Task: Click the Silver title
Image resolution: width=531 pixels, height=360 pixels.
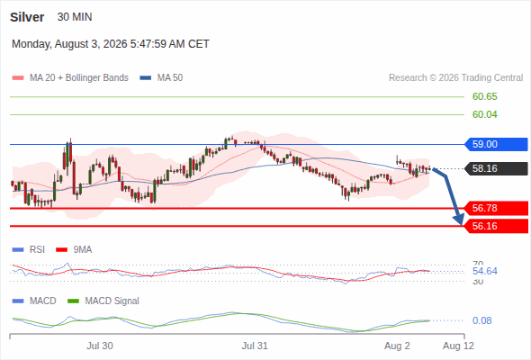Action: [27, 17]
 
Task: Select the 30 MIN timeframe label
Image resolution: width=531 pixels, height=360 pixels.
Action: [75, 17]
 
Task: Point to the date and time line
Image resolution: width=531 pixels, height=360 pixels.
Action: [111, 44]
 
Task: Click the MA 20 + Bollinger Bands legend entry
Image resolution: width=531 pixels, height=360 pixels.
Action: [70, 78]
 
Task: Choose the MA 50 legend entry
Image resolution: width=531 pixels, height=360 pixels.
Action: [161, 78]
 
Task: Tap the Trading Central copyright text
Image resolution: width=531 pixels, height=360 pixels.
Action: [455, 78]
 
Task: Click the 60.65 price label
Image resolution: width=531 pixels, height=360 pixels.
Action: [484, 96]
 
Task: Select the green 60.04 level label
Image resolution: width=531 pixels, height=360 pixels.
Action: [484, 114]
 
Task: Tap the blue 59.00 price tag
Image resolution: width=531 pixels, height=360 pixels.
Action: [496, 144]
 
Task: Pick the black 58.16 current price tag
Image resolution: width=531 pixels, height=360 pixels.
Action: [496, 168]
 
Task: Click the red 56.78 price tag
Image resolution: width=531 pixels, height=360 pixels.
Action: [496, 208]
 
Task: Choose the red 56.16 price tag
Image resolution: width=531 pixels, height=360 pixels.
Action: [496, 226]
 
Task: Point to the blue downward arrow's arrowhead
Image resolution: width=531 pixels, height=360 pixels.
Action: [460, 220]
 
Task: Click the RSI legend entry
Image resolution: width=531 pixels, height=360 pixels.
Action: [29, 250]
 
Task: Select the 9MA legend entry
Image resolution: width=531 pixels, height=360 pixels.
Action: [74, 250]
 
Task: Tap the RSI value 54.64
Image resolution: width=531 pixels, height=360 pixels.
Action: [484, 271]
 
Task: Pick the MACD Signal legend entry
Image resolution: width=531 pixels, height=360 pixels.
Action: [103, 301]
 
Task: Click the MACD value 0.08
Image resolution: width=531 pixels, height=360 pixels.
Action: [481, 320]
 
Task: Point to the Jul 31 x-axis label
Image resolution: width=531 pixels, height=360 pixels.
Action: [255, 346]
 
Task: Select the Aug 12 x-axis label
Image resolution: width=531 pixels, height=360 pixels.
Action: [458, 346]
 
